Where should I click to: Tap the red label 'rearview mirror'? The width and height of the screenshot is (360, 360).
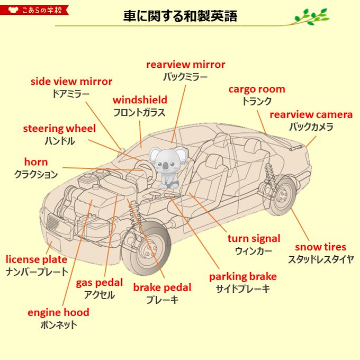coord(185,65)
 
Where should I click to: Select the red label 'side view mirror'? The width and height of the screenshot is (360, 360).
coord(71,82)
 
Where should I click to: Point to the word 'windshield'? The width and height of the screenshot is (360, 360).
coord(140,100)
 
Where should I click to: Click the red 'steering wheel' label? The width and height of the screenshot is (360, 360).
coord(59,129)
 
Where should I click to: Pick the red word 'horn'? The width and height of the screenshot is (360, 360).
coord(36,162)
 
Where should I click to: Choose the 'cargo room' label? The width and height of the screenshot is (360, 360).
coord(257,89)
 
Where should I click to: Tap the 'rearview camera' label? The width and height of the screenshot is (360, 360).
coord(311,115)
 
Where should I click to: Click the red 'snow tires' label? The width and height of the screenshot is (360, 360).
coord(320,247)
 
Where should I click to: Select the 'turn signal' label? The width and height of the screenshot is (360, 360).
coord(254,238)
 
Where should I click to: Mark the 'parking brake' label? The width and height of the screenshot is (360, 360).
coord(242,276)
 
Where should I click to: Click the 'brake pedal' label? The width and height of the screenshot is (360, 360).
coord(162,287)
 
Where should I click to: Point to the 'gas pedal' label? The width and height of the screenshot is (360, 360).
coord(99,283)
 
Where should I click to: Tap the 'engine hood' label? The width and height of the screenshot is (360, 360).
coord(58,312)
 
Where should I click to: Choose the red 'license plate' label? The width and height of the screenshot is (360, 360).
coord(37,259)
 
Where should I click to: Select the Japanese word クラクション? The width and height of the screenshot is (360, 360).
coord(36,174)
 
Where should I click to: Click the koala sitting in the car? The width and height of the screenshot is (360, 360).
coord(166,166)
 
